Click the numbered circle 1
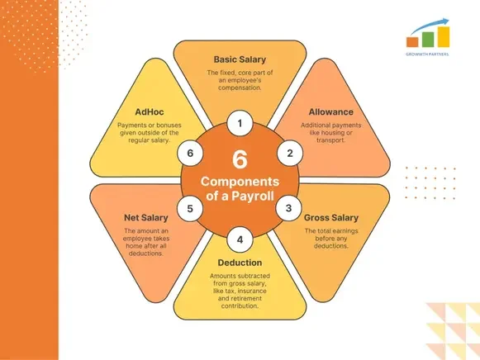[240, 123]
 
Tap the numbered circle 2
[290, 154]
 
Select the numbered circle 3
[288, 208]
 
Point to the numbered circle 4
[240, 239]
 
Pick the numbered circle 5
[190, 209]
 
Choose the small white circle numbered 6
[190, 154]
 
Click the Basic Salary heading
[240, 59]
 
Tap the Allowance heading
[331, 112]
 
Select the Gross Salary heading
[331, 218]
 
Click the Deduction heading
[240, 263]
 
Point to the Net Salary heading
[146, 218]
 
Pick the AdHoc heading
[150, 112]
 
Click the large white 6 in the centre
[240, 159]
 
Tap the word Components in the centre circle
[240, 182]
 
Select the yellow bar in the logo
[444, 37]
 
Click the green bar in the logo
[428, 40]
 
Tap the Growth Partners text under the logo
[427, 54]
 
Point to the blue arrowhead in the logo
[445, 22]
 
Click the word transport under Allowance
[330, 140]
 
